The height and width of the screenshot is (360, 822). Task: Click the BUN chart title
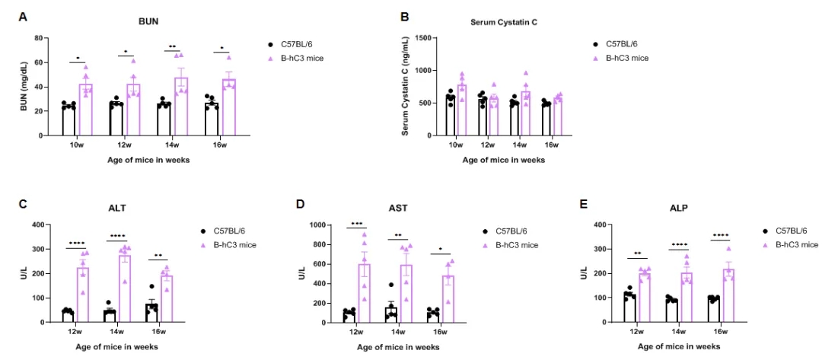(x=148, y=21)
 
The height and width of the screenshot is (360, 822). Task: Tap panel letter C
(x=24, y=204)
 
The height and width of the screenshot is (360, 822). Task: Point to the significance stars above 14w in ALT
(x=118, y=236)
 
